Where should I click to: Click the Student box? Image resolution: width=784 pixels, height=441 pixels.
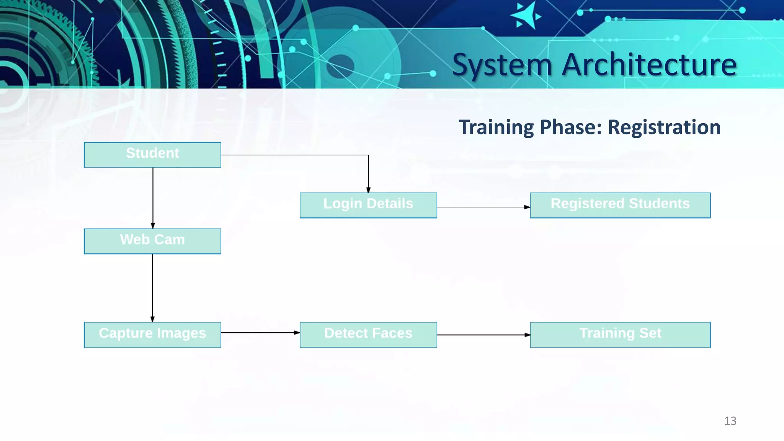152,155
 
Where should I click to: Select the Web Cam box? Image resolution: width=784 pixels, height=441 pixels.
152,241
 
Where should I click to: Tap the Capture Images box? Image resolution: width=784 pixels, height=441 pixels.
152,335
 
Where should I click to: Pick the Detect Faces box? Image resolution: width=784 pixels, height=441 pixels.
368,335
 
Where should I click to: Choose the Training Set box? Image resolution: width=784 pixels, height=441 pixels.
620,335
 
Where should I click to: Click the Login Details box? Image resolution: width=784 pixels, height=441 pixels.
368,205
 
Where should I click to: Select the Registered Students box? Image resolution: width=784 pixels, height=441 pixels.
620,205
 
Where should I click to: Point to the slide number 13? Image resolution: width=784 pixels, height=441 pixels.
730,421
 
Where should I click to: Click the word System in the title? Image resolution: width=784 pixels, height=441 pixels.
502,65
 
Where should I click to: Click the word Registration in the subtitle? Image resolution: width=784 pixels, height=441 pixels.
664,127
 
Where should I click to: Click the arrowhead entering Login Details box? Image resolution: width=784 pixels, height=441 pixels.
368,190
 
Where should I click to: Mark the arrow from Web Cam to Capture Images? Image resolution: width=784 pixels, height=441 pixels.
152,287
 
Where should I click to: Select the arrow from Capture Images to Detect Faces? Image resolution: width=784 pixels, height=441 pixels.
260,333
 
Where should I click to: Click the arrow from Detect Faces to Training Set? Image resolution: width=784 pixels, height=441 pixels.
483,335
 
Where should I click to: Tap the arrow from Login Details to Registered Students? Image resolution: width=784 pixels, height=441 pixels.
483,207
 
